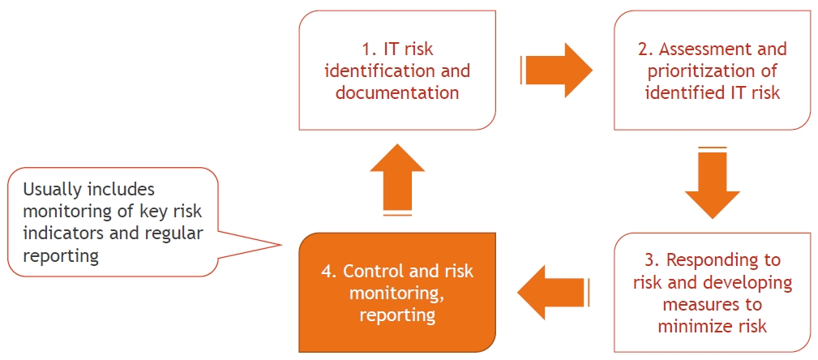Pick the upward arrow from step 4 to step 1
[x=397, y=178]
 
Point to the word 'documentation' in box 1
[x=397, y=92]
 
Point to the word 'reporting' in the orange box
[x=397, y=315]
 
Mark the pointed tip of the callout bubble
[x=281, y=245]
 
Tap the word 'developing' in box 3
[x=752, y=282]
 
